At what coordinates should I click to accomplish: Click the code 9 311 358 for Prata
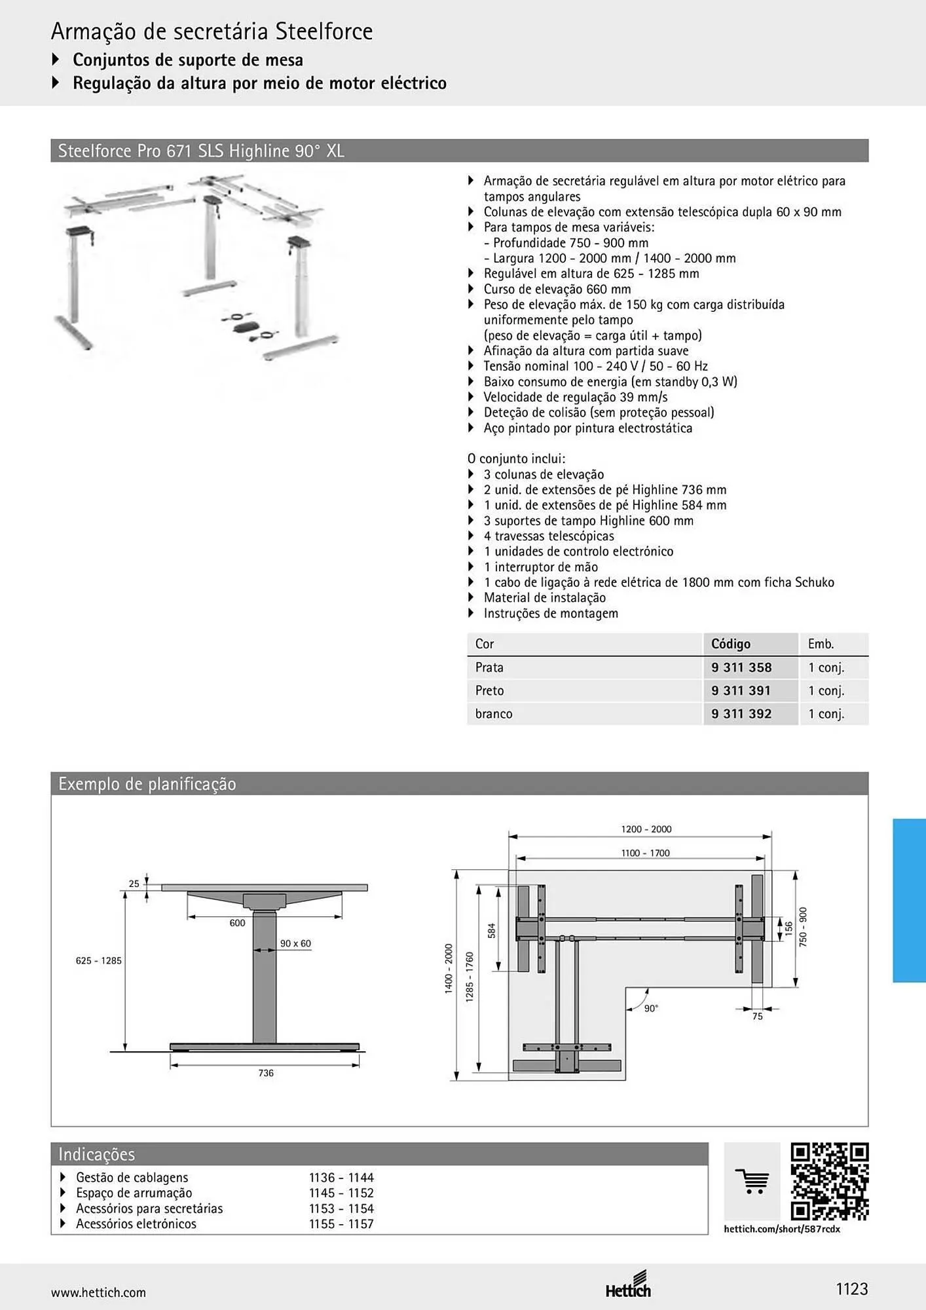(741, 667)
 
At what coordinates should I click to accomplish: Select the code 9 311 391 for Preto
(741, 690)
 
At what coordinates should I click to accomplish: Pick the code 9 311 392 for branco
(741, 714)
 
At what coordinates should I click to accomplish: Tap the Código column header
(731, 644)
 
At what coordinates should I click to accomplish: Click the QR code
(830, 1182)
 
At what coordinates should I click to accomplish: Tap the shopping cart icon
(752, 1181)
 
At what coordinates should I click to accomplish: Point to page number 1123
(851, 1289)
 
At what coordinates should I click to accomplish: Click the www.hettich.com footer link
(98, 1292)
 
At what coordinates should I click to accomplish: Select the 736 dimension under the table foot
(266, 1073)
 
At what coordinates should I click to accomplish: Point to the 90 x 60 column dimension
(295, 943)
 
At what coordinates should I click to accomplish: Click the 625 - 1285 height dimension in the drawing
(99, 960)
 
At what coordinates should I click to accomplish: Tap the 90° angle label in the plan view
(651, 1009)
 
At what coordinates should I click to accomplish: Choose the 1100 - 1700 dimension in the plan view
(646, 853)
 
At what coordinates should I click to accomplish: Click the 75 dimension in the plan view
(758, 1017)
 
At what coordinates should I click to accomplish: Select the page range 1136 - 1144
(341, 1178)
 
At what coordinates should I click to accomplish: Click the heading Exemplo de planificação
(147, 784)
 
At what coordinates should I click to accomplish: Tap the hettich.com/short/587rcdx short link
(782, 1229)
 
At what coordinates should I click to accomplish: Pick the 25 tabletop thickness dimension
(134, 884)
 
